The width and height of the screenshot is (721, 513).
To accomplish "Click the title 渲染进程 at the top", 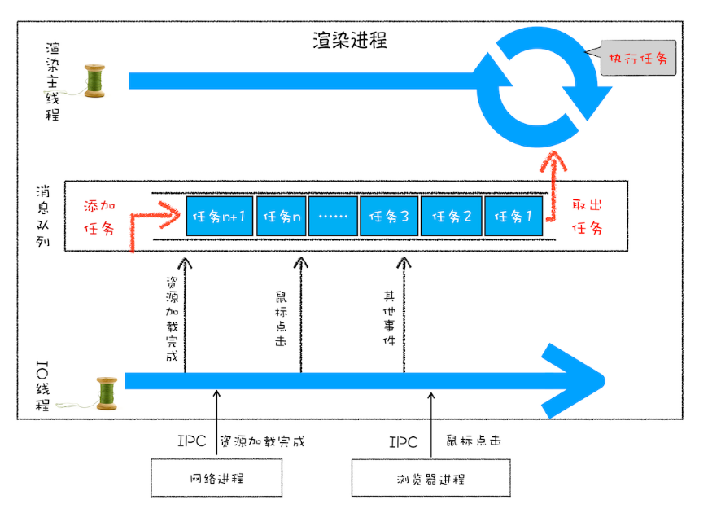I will point(349,41).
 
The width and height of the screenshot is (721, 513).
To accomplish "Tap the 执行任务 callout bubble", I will point(639,58).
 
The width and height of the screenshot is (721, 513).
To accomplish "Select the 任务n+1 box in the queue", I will point(220,217).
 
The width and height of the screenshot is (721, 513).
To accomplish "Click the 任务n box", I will point(280,217).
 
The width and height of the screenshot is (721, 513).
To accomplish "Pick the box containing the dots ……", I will point(333,217).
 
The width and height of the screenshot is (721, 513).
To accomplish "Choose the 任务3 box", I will point(388,217).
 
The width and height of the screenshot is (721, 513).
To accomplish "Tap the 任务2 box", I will point(452,217).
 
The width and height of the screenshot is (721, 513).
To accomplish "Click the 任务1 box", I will point(513,217).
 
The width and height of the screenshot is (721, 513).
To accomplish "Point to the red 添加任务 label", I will point(102,216).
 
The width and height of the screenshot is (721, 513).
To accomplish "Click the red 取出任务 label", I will point(588,216).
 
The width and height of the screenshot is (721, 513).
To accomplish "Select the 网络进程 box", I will point(216,478).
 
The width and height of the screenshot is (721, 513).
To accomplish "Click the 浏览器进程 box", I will point(430,478).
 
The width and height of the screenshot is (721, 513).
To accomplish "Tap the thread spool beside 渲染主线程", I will point(96,81).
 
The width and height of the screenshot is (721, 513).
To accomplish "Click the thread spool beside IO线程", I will point(106,392).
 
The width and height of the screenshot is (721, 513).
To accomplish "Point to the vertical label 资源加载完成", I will point(171,318).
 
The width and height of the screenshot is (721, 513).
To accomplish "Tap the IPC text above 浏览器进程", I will point(402,442).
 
